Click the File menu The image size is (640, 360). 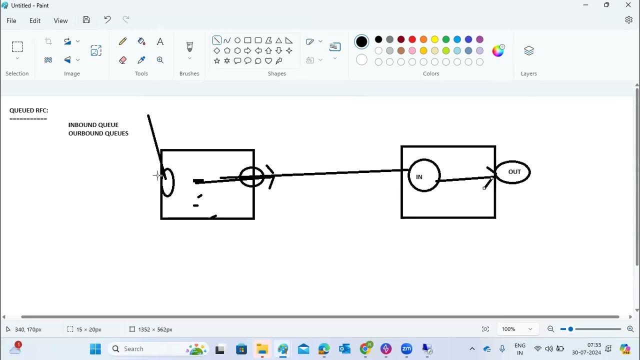click(x=11, y=20)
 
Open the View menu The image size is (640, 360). click(x=60, y=20)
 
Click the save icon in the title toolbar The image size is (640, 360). click(x=86, y=19)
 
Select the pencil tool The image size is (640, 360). click(x=122, y=41)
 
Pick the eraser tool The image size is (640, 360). click(x=122, y=60)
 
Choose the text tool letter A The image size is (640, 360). click(x=160, y=41)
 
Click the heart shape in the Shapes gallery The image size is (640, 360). click(x=268, y=61)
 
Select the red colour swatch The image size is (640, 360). click(x=412, y=39)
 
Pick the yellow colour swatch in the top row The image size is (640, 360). click(x=434, y=39)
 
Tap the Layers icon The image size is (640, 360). click(x=529, y=51)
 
